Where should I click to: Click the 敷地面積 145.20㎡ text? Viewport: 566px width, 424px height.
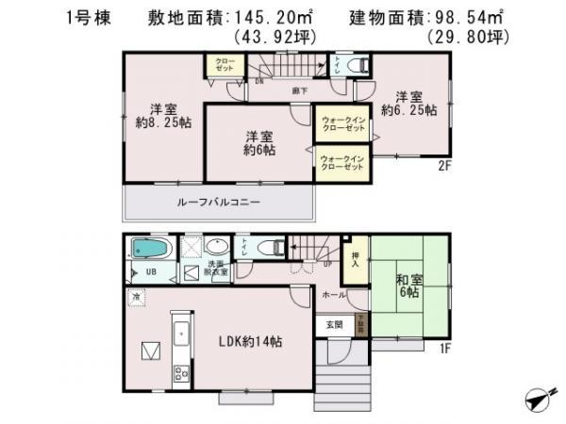[x=242, y=17]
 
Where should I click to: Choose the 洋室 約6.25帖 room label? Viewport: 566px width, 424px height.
[x=408, y=102]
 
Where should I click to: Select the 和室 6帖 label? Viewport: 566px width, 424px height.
[x=408, y=285]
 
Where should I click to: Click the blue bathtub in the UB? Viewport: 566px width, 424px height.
[x=152, y=249]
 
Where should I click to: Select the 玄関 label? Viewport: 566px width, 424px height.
[x=335, y=324]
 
